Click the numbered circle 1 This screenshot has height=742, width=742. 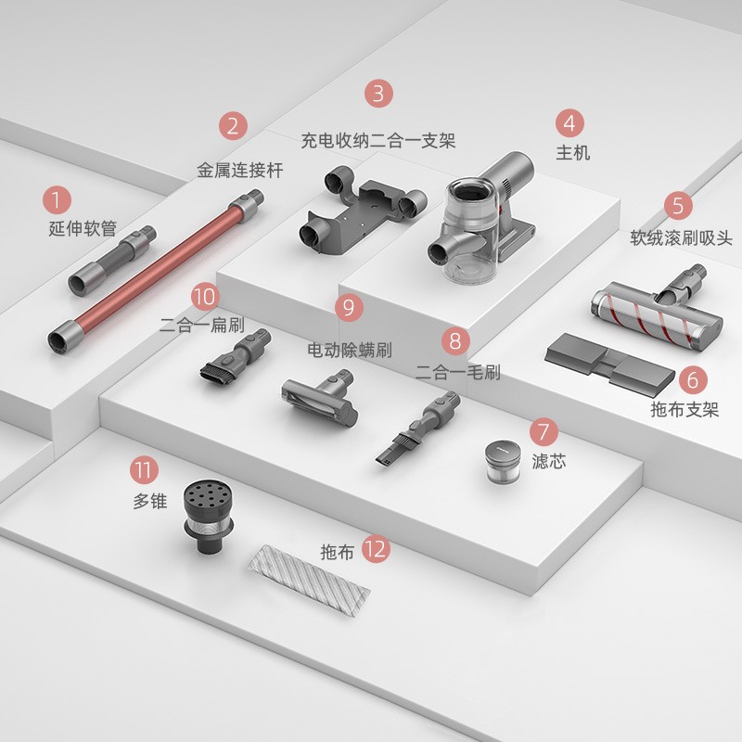pos(57,199)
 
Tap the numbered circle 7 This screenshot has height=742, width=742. pos(544,431)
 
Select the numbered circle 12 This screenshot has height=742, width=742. pos(377,549)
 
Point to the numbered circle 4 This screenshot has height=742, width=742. pos(569,123)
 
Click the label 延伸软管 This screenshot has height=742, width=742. pos(83,228)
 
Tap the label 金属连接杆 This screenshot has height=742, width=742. pos(240,171)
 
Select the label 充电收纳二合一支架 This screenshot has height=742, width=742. pos(378,141)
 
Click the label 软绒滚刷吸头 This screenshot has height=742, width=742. pos(681,237)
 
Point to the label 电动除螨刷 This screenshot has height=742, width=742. pos(350,351)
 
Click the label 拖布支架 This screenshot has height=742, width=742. pos(684,409)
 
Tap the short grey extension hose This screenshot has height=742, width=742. pos(112,261)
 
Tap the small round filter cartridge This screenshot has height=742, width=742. pos(503,462)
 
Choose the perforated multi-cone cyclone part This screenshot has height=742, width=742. pos(209,517)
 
